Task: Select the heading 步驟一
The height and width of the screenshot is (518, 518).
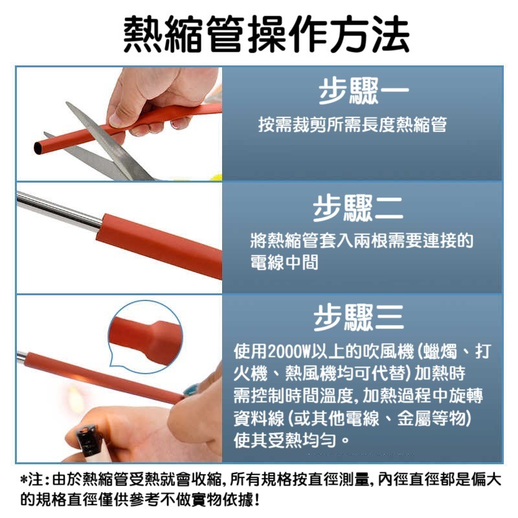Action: point(362,91)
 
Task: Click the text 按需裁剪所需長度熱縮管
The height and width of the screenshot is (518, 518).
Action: point(352,125)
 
